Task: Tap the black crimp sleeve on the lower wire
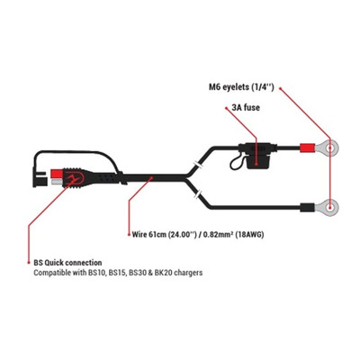point(307,207)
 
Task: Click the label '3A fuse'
point(246,107)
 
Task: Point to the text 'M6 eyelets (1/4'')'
point(241,87)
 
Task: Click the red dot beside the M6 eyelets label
point(281,88)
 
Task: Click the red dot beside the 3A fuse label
point(226,107)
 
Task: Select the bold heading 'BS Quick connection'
point(67,263)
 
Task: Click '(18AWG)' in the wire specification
point(249,234)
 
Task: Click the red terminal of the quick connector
point(55,174)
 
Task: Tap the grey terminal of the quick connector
point(56,182)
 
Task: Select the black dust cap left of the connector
point(40,178)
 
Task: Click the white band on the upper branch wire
point(198,164)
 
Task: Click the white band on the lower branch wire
point(198,194)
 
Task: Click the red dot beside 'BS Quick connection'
point(29,263)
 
